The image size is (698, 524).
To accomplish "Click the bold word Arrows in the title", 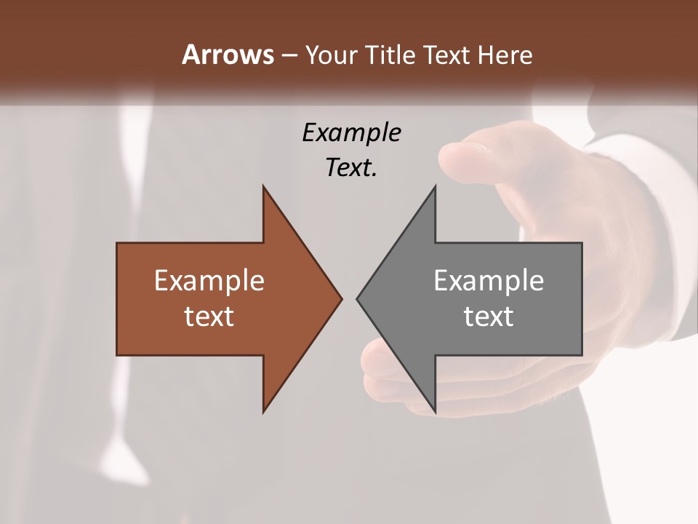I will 228,55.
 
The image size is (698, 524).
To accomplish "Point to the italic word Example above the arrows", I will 351,132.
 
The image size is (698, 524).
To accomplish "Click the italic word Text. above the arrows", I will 351,167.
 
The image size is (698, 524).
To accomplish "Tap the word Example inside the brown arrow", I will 209,280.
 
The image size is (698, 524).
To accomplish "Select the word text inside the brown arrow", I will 209,316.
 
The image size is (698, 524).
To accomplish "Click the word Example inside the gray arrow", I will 489,280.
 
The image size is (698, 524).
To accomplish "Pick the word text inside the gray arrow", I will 489,316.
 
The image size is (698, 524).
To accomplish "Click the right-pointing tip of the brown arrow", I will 340,298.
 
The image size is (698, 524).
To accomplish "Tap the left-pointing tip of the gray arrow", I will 358,298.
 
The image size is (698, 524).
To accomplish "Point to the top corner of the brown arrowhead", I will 264,188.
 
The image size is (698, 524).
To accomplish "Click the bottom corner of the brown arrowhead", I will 264,410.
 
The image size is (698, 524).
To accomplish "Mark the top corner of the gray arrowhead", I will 435,188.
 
